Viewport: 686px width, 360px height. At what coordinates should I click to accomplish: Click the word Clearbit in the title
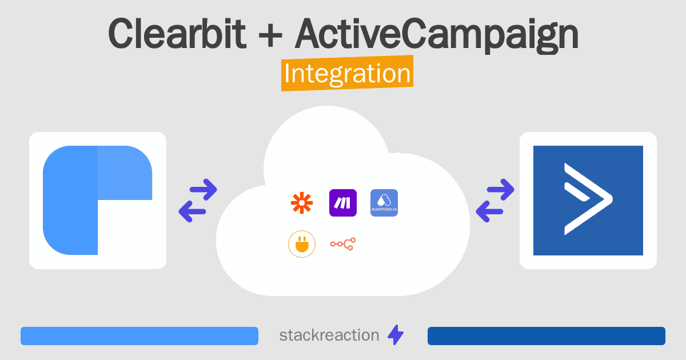(x=177, y=34)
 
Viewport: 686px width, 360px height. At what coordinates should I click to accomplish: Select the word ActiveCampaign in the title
(x=437, y=36)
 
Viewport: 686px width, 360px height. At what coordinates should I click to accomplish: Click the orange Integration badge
(x=348, y=73)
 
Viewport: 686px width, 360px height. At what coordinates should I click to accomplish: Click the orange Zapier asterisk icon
(x=302, y=203)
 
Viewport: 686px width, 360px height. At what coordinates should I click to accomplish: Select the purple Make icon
(x=342, y=203)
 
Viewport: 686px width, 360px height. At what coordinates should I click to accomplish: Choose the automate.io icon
(x=384, y=203)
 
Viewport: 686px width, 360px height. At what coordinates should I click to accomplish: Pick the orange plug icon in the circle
(x=302, y=244)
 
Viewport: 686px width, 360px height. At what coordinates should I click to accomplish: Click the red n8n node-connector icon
(x=343, y=244)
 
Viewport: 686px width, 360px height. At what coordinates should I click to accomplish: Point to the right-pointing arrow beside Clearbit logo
(x=204, y=190)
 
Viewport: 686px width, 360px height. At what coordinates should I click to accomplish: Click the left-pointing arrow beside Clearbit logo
(x=192, y=211)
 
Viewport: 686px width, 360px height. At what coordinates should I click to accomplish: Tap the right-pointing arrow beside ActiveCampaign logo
(x=500, y=190)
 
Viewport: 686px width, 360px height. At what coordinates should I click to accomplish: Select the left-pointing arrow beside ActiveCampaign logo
(x=489, y=211)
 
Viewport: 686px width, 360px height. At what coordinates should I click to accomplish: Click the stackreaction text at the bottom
(x=329, y=335)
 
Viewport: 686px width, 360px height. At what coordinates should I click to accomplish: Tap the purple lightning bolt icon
(x=396, y=335)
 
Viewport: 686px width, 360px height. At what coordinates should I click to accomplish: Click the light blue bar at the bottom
(x=139, y=336)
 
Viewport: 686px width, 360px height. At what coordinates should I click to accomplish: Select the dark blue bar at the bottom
(x=547, y=336)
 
